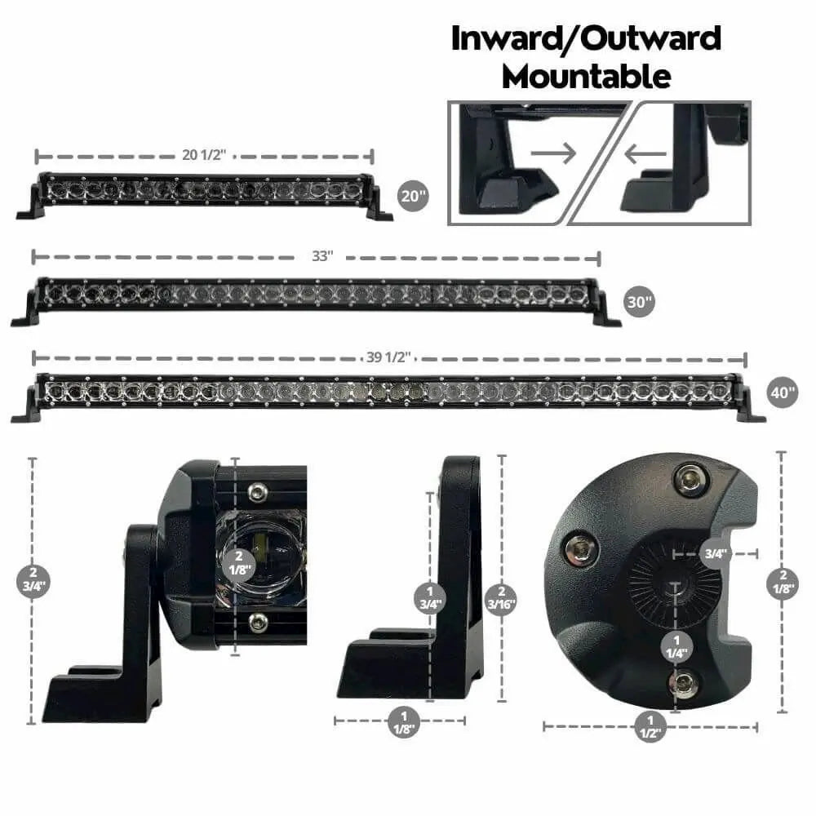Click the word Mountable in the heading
click(587, 77)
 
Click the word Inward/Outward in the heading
click(586, 39)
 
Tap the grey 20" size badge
click(413, 196)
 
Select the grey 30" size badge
click(639, 302)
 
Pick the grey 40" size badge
click(783, 392)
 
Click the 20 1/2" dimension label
click(204, 154)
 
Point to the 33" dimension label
click(322, 256)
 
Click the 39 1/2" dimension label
click(388, 357)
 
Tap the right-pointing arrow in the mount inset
click(553, 153)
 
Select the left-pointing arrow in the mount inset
click(645, 154)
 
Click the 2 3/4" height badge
click(33, 579)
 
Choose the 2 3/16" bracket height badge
click(501, 598)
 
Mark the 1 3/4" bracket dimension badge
click(430, 598)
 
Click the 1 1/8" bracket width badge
click(403, 722)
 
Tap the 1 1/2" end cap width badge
click(650, 726)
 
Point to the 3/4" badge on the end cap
click(715, 553)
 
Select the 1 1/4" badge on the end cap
click(676, 647)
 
